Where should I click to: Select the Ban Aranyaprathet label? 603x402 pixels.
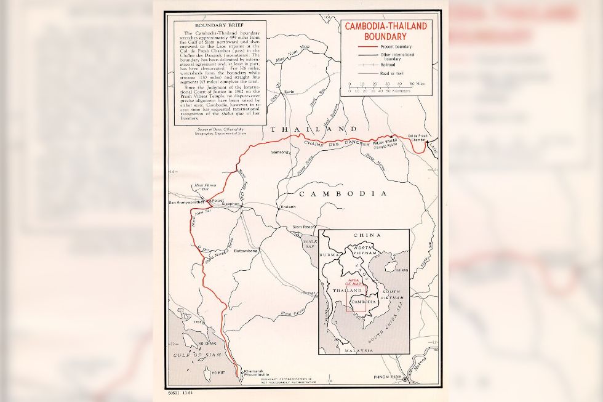coord(188,202)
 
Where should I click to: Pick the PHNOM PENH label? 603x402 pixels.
coord(388,376)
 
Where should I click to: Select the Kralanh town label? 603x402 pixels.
coord(288,207)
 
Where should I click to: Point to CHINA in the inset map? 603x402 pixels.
coord(367,235)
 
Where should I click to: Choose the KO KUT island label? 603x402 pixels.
coord(218,373)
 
